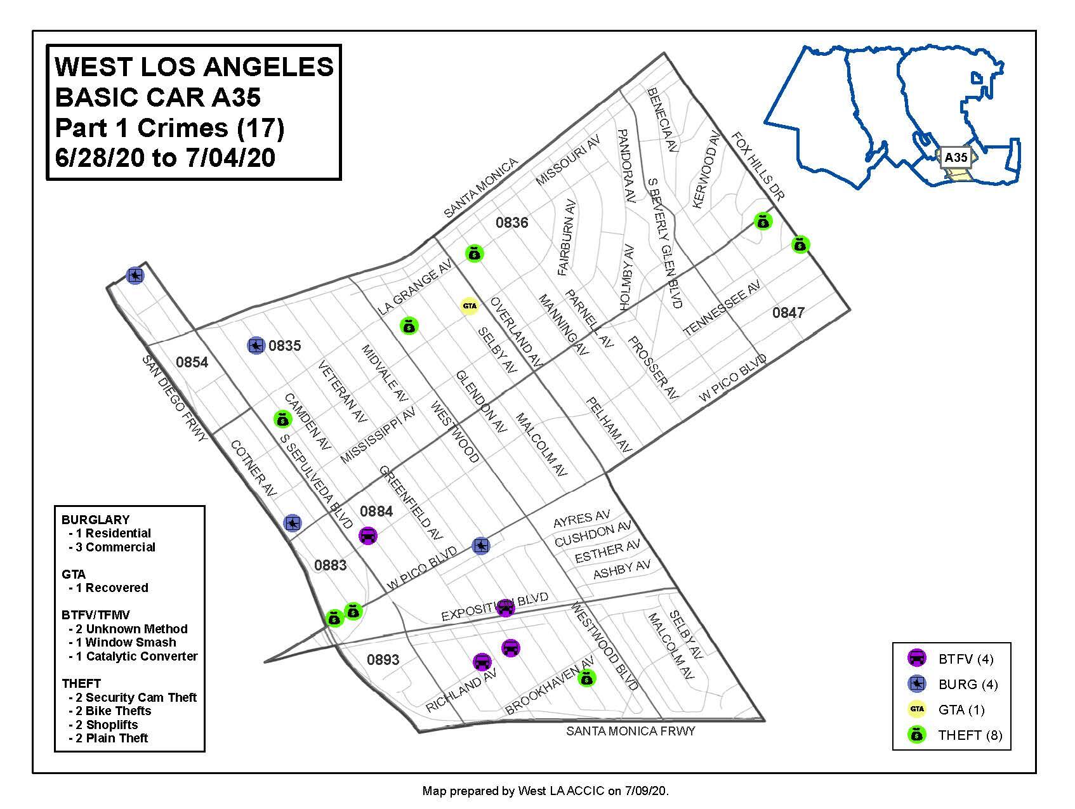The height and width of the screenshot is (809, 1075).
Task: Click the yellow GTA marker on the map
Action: click(x=469, y=306)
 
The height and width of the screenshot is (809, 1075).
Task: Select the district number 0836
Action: click(x=511, y=223)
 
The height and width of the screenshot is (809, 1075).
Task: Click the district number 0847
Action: click(x=788, y=312)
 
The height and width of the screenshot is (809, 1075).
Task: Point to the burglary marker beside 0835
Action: click(x=256, y=346)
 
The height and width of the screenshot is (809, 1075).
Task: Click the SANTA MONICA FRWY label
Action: click(x=630, y=731)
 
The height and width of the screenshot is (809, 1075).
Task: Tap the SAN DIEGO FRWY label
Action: click(x=175, y=398)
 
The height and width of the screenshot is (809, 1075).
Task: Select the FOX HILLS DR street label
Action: click(x=758, y=166)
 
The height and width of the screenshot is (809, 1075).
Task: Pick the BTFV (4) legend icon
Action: click(x=916, y=659)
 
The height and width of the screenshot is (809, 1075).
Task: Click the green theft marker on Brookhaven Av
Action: click(x=588, y=679)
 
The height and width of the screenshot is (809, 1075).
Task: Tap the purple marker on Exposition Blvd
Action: click(x=505, y=608)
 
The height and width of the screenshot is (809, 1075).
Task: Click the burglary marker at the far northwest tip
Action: click(x=135, y=276)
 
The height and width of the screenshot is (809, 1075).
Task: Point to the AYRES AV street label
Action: click(x=581, y=520)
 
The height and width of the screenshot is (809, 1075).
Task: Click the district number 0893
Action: click(x=383, y=659)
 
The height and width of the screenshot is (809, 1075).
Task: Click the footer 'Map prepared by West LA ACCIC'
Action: click(x=545, y=791)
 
